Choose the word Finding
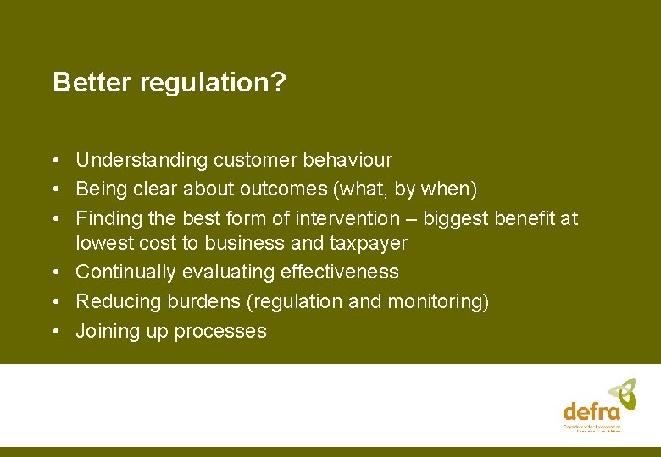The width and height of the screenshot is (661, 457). [108, 218]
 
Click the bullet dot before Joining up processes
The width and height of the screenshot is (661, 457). [55, 332]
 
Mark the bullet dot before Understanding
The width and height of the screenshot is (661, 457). [55, 160]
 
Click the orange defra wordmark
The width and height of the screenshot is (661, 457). [592, 411]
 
